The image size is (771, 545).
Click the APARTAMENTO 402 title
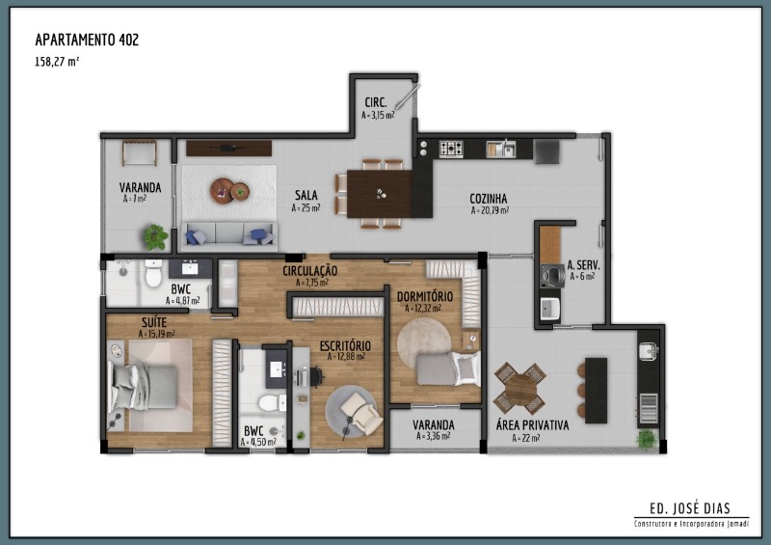[87, 40]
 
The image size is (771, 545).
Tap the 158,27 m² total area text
[57, 62]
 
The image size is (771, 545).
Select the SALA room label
[306, 195]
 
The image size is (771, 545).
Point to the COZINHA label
[489, 199]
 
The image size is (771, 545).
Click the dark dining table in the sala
[380, 194]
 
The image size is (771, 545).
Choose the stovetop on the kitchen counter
[451, 149]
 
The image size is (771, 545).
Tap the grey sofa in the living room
[229, 234]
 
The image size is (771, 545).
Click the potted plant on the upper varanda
[156, 236]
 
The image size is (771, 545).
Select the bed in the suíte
[143, 387]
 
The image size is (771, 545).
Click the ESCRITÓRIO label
[345, 345]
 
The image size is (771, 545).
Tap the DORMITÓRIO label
[425, 297]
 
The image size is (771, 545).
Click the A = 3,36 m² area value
[433, 436]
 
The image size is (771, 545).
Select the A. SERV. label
[584, 265]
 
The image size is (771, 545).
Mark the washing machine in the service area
[552, 275]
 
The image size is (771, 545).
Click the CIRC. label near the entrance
[376, 103]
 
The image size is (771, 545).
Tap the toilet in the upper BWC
[154, 274]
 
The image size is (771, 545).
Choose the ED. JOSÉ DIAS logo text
[690, 508]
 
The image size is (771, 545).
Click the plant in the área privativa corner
[647, 438]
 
